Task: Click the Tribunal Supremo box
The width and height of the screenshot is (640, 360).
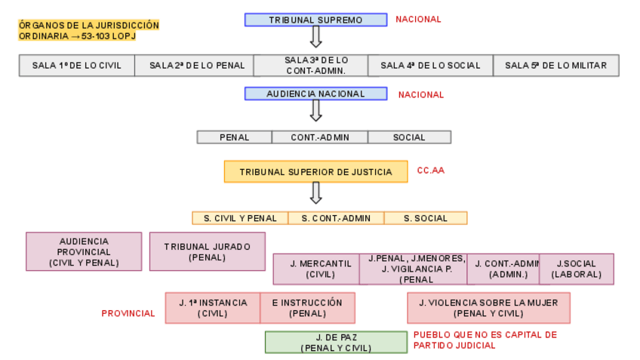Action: coord(315,20)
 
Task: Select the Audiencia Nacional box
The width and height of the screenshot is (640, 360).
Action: coord(315,94)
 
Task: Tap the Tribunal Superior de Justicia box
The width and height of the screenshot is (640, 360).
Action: coord(315,172)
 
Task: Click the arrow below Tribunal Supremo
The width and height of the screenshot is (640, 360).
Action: coord(315,36)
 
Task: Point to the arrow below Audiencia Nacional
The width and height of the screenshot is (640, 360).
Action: coord(315,110)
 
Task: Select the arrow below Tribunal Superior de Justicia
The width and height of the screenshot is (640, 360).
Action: coord(315,192)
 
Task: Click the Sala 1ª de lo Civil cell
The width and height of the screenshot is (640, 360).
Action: coord(77,66)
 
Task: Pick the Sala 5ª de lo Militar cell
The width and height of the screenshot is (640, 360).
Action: coord(555,66)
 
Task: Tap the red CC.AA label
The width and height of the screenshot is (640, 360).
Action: coord(430,171)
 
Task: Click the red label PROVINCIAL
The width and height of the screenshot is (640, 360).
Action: coord(128,313)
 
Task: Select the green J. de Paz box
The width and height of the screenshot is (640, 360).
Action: coord(336,342)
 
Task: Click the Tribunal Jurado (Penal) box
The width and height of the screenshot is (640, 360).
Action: coord(207,251)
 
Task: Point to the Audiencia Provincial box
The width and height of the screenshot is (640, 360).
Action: coord(84,251)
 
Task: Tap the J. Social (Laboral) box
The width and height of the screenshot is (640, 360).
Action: coord(576,269)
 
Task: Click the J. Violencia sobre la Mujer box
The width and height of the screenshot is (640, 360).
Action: coord(488,308)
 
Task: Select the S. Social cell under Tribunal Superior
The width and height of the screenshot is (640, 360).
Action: coord(425,218)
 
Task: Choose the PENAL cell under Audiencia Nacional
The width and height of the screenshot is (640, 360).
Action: coord(234,137)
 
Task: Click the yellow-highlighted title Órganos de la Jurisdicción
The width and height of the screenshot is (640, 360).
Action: coord(89,30)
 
